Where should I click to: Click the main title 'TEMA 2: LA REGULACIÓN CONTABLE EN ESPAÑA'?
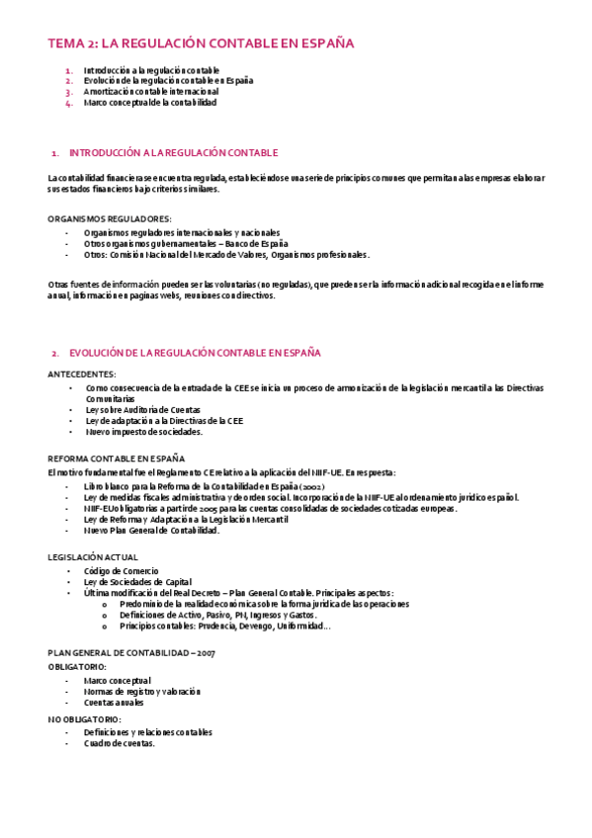[x=201, y=43]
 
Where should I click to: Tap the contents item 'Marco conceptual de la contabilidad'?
[x=150, y=102]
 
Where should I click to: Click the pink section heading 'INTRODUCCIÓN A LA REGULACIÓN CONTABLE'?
[x=174, y=153]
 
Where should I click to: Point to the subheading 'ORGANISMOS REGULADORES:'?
[x=110, y=217]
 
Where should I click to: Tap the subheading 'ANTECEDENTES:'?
[x=82, y=375]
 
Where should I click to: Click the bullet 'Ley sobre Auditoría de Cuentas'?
[x=143, y=409]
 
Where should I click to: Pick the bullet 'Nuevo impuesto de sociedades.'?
[x=144, y=431]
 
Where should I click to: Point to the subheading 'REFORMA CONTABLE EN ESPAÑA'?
[x=117, y=459]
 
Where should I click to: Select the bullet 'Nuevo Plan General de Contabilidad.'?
[x=151, y=530]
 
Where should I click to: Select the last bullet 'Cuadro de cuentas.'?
[x=120, y=743]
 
